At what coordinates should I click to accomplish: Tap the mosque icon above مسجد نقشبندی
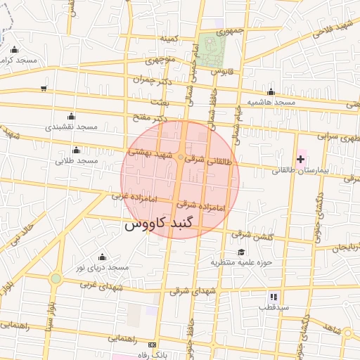click(70, 117)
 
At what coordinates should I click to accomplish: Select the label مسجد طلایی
click(77, 161)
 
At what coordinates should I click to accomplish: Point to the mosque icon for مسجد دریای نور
click(103, 257)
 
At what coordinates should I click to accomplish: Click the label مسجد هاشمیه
click(276, 103)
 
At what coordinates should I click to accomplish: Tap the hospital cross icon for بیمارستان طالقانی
click(301, 160)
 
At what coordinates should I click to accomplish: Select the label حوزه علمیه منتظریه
click(241, 262)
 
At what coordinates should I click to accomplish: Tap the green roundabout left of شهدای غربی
click(56, 278)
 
